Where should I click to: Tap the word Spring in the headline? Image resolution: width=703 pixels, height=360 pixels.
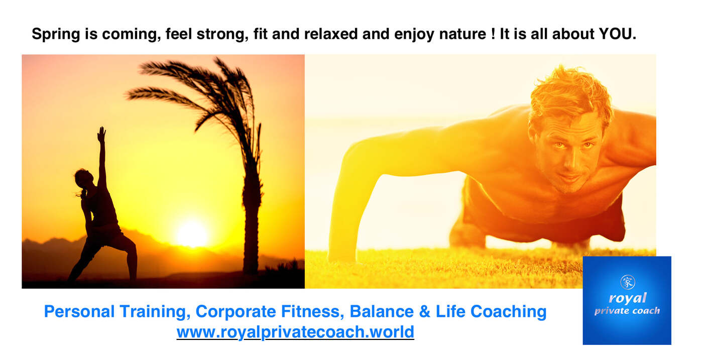tap(56, 35)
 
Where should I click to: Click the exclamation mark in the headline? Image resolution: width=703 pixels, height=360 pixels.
tap(493, 34)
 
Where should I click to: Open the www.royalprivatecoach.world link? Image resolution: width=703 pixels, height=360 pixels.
tap(295, 332)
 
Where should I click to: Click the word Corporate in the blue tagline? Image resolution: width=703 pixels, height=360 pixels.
tap(236, 311)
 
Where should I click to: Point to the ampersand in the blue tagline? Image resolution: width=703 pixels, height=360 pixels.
tap(424, 311)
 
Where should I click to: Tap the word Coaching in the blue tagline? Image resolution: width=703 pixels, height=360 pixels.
tap(508, 312)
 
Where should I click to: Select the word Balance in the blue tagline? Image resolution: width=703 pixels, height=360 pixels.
tap(382, 311)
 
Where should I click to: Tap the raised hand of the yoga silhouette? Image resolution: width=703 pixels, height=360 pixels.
tap(101, 135)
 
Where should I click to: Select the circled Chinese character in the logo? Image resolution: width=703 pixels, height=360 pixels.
tap(628, 282)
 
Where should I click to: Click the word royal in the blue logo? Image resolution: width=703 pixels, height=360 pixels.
tap(628, 298)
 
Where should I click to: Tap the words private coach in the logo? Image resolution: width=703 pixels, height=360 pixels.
tap(627, 311)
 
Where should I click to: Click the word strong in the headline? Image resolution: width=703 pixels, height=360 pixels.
tap(220, 35)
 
